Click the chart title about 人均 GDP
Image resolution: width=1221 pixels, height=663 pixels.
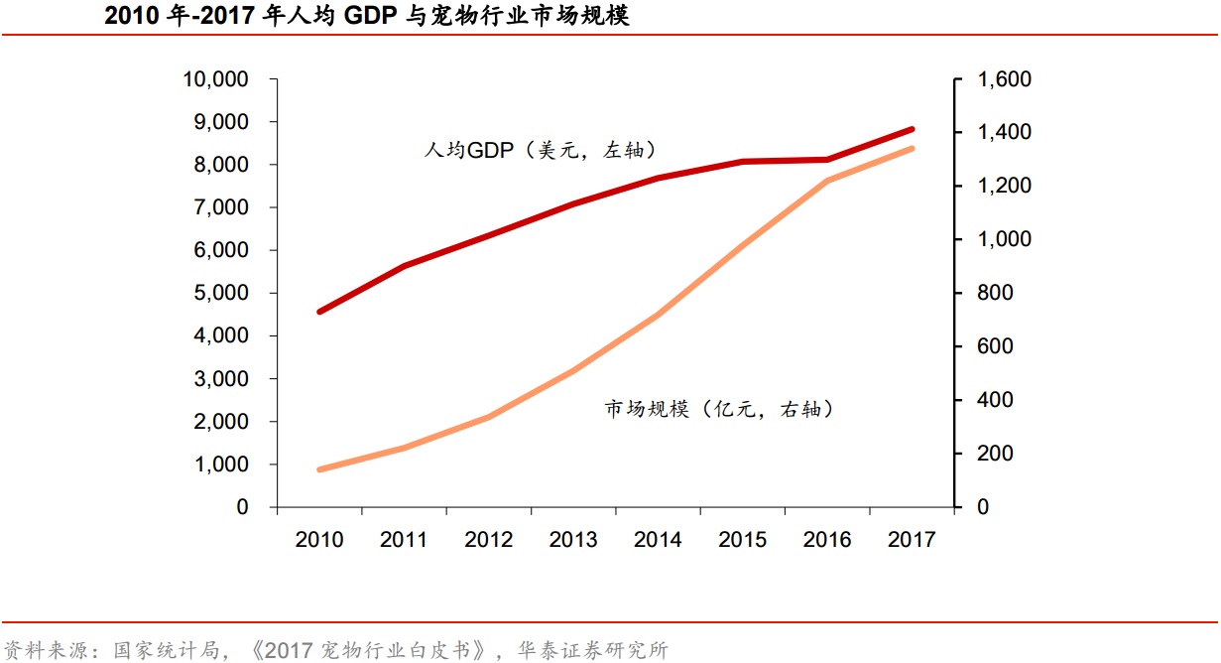click(366, 16)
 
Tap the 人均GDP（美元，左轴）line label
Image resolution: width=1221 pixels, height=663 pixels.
click(541, 150)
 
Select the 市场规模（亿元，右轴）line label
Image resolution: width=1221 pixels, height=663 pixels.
click(719, 409)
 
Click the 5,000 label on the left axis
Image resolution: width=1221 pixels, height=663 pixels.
click(221, 293)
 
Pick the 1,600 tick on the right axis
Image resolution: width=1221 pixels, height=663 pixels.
click(1005, 79)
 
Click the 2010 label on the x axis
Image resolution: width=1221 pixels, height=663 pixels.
click(319, 539)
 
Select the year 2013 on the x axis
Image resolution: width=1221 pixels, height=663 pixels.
click(573, 539)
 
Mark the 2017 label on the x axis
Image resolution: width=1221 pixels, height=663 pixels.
click(912, 539)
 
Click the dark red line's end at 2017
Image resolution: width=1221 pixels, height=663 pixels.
click(912, 129)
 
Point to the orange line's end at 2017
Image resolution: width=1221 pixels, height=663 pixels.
click(912, 149)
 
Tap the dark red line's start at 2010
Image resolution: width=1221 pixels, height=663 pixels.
click(319, 312)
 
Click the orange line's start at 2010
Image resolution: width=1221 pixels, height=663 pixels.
click(319, 469)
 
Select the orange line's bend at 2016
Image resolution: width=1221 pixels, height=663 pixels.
click(827, 181)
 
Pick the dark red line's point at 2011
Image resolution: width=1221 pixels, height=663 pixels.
click(405, 266)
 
